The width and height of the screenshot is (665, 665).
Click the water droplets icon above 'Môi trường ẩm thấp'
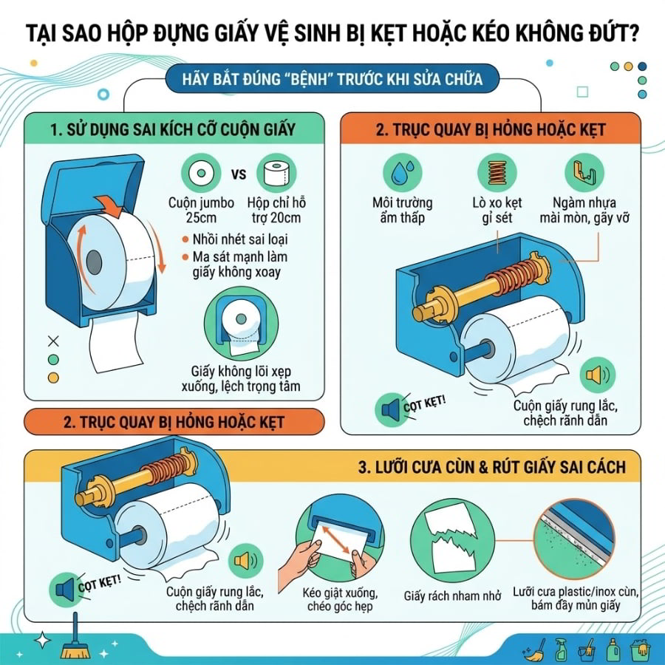click(402, 173)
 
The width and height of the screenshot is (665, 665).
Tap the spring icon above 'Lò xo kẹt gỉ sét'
click(497, 173)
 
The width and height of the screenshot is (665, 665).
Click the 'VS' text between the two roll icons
click(239, 174)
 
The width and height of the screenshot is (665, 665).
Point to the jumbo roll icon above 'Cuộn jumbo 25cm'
click(201, 173)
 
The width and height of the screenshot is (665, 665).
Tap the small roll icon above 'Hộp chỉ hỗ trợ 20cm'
click(276, 173)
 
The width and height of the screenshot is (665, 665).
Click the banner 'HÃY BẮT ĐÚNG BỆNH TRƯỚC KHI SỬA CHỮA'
click(332, 79)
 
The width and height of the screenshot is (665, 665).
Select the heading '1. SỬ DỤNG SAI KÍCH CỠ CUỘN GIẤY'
click(173, 129)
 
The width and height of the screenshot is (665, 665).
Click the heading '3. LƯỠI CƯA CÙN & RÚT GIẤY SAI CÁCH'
click(492, 467)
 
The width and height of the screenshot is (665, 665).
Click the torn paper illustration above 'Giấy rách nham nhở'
click(452, 540)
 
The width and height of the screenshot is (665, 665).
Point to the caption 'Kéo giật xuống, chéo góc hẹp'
click(340, 598)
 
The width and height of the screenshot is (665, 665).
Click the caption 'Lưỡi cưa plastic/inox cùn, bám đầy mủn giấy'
click(576, 598)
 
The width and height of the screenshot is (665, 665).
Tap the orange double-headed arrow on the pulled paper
click(336, 540)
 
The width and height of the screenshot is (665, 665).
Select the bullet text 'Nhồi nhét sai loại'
click(240, 239)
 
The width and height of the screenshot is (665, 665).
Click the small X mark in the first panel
click(53, 341)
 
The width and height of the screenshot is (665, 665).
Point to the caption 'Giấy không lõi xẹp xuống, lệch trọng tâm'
click(241, 379)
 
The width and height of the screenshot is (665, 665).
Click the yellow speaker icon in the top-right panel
click(598, 375)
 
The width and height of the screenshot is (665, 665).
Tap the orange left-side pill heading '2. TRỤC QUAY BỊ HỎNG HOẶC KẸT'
click(174, 422)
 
